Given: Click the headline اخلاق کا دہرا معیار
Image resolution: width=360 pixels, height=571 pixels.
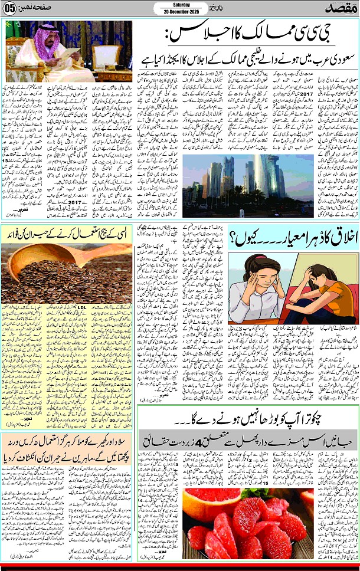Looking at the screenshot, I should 292,238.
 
